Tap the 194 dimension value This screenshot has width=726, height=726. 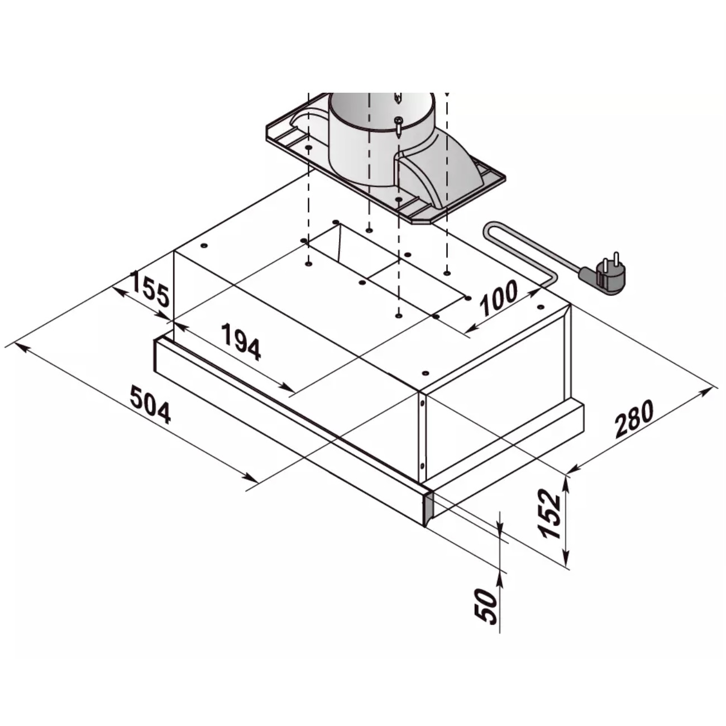tap(241, 341)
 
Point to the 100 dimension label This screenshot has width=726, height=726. tap(499, 298)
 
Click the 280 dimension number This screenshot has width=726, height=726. tap(634, 419)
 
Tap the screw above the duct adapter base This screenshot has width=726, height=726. tap(398, 127)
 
